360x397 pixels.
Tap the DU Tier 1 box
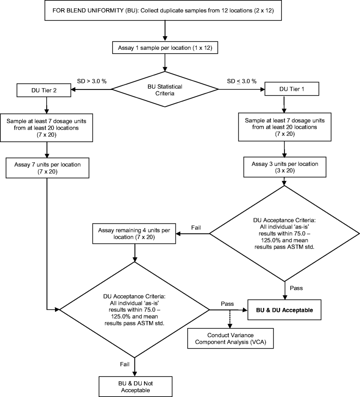point(285,90)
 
